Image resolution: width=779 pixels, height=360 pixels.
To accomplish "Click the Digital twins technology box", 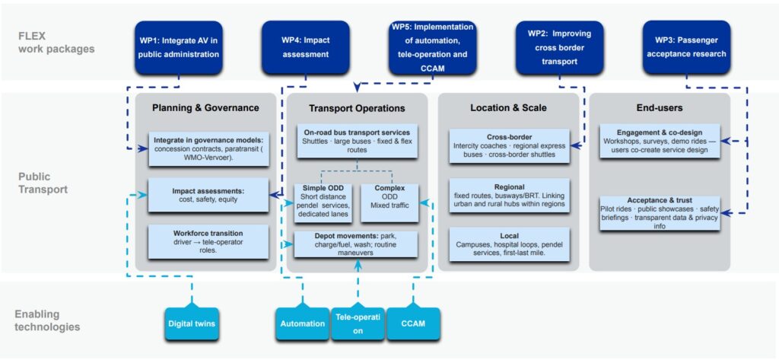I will pyautogui.click(x=192, y=323).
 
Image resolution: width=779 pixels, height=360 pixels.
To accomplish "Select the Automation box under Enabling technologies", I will pyautogui.click(x=302, y=323).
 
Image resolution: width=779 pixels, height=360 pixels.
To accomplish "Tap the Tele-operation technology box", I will pyautogui.click(x=357, y=324).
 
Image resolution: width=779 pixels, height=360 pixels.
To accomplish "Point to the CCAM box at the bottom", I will pyautogui.click(x=413, y=323).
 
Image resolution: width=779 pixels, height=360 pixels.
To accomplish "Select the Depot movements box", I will pyautogui.click(x=356, y=244).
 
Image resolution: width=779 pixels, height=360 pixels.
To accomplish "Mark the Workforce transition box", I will pyautogui.click(x=208, y=241).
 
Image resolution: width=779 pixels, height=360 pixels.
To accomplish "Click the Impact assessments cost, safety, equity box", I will pyautogui.click(x=208, y=194).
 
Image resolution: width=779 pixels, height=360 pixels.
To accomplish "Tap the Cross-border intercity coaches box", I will pyautogui.click(x=509, y=145).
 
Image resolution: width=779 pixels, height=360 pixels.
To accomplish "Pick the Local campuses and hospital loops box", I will pyautogui.click(x=509, y=244).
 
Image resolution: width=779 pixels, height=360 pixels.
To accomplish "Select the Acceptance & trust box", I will pyautogui.click(x=660, y=213).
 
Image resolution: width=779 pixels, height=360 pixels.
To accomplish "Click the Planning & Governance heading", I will pyautogui.click(x=205, y=108).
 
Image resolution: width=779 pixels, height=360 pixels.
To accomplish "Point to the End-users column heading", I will pyautogui.click(x=659, y=108).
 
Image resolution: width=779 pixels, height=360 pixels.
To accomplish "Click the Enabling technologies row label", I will pyautogui.click(x=48, y=320).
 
